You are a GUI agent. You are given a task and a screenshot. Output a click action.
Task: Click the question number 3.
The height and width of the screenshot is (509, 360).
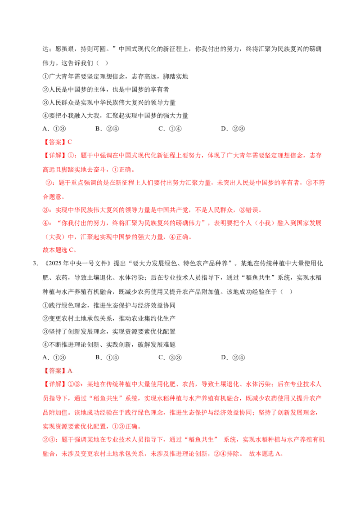pos(35,263)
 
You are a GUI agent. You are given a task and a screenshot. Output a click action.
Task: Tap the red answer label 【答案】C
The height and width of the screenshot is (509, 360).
pos(57,142)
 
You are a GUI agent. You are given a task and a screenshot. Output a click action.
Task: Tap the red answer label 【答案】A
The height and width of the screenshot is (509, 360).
pos(57,371)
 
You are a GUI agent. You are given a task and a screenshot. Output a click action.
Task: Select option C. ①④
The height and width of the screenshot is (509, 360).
pos(170,129)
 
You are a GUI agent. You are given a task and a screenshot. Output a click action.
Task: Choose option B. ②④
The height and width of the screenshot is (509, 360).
pos(107,129)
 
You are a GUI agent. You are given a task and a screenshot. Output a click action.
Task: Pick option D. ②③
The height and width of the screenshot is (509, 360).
pos(233,129)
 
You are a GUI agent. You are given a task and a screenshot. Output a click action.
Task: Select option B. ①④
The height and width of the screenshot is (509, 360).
pos(107,358)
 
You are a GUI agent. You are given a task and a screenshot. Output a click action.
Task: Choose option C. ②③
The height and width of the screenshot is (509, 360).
pos(170,358)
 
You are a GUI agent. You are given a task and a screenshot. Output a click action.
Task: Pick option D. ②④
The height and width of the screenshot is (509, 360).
pos(233,358)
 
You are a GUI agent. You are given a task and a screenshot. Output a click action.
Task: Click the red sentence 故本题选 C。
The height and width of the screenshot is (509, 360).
pos(59,250)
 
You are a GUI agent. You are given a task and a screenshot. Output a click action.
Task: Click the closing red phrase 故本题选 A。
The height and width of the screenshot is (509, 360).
pos(266,454)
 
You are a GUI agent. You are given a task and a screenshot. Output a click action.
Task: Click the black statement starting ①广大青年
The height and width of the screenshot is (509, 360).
pos(115,76)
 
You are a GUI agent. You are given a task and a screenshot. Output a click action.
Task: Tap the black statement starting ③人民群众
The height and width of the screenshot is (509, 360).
pos(109,103)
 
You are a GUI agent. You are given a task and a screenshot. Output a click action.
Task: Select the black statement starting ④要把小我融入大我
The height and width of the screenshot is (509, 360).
pos(115,116)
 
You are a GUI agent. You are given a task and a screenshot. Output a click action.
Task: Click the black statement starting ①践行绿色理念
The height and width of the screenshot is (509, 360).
pos(109,305)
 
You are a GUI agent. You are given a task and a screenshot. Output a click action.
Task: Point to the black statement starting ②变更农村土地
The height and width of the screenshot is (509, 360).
pos(109,318)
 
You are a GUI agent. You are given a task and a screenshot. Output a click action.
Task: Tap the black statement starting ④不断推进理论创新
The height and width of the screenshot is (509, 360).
pos(109,344)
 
